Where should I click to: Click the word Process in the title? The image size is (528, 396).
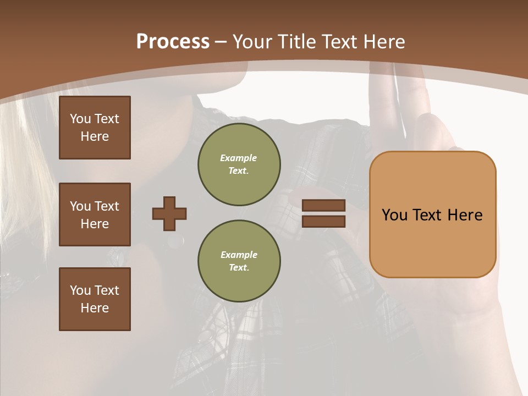(x=173, y=42)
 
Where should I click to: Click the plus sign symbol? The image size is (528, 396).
(x=169, y=213)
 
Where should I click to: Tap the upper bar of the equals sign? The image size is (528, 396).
(x=323, y=206)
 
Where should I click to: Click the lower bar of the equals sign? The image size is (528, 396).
(x=323, y=221)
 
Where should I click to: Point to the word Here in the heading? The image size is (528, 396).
(x=385, y=42)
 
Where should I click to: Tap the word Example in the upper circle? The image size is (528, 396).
(x=239, y=158)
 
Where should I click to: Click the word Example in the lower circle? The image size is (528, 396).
(x=239, y=255)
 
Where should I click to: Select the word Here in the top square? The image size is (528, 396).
(x=95, y=136)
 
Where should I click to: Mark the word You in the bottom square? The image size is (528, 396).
(x=80, y=290)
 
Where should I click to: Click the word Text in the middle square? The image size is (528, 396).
(x=106, y=206)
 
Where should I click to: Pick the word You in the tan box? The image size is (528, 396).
(x=395, y=215)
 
